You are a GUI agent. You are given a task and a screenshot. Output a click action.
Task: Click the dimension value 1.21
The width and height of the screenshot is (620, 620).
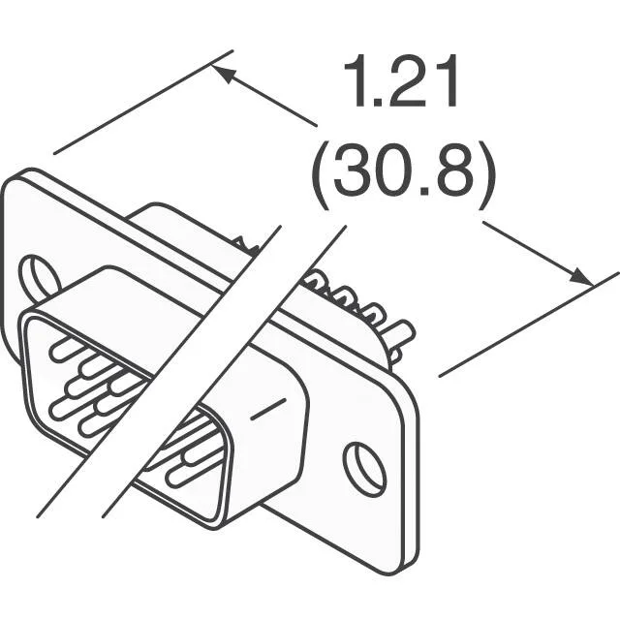(400, 80)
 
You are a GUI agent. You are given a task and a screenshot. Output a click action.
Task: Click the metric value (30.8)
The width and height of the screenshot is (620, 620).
(403, 175)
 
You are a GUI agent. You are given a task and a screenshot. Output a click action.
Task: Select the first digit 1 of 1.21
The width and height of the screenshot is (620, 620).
(355, 80)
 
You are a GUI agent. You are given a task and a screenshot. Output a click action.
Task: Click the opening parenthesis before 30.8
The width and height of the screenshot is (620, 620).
(320, 175)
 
